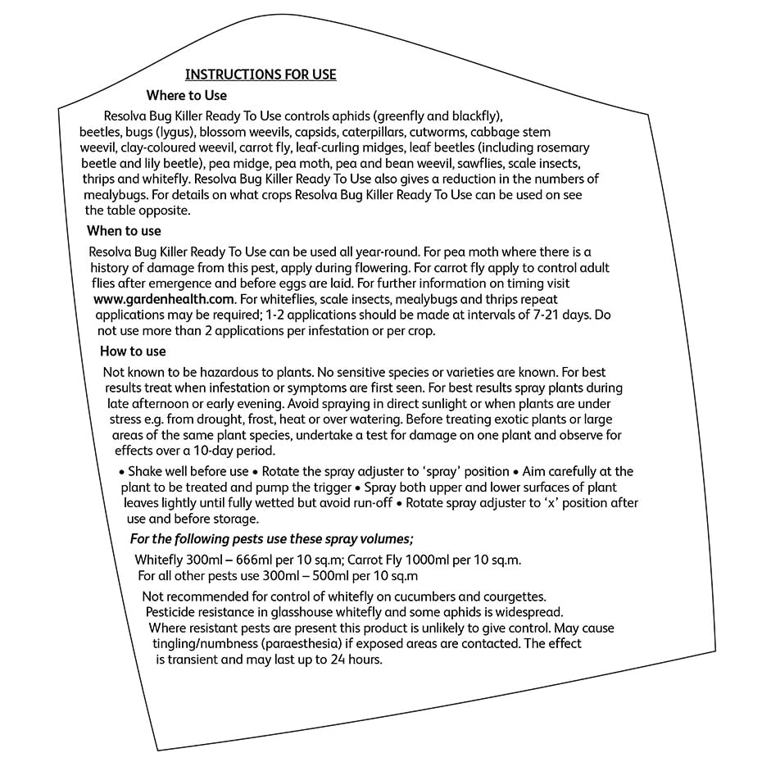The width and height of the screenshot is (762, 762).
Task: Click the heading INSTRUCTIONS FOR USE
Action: pos(261,75)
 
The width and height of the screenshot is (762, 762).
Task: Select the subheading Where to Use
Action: pos(187,96)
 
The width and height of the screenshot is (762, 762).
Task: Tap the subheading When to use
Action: pos(124,231)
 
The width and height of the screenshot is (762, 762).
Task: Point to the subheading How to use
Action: pos(133,352)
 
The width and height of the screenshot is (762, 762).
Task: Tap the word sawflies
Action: pos(473,163)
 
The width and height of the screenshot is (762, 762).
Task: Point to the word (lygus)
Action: pos(171,132)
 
